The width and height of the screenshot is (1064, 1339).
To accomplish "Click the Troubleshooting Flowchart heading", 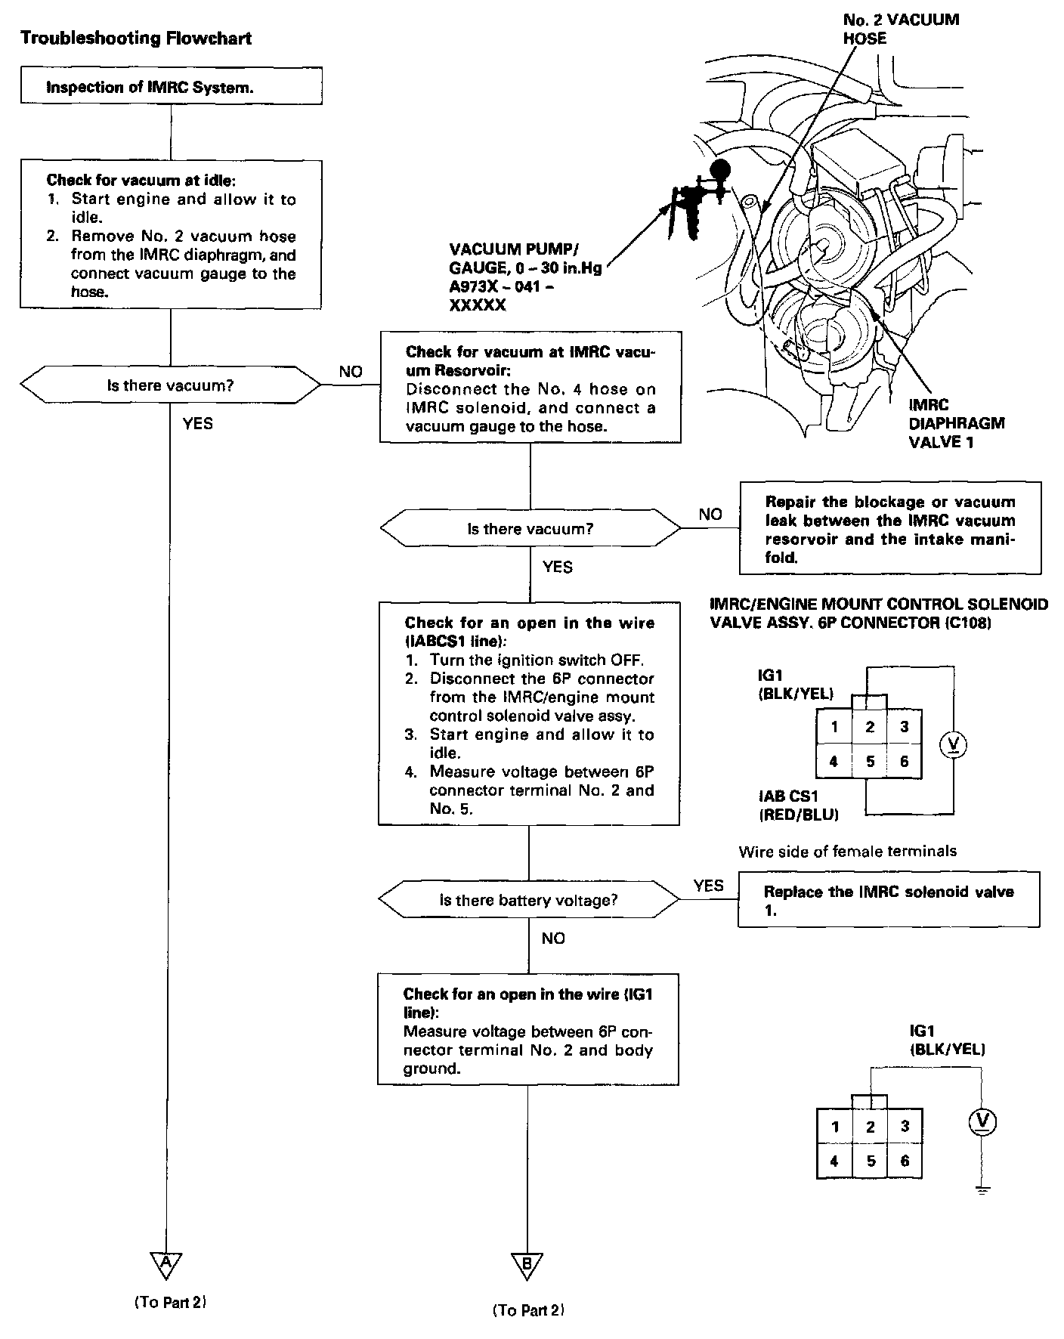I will (136, 39).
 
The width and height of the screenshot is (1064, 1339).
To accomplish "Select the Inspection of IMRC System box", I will (171, 87).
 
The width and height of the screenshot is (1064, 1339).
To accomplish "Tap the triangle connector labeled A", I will (166, 1261).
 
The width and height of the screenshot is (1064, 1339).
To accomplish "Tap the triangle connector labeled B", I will (527, 1264).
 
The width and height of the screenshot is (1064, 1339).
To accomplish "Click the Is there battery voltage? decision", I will (528, 900).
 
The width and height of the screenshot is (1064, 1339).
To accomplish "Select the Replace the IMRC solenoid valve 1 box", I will (888, 900).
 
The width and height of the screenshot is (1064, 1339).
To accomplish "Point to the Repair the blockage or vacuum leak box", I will (889, 529).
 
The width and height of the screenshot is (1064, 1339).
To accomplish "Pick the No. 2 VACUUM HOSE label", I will (900, 29).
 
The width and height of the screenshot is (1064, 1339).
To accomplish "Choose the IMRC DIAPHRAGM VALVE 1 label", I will (956, 423).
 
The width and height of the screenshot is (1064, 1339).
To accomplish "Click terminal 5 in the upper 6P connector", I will (870, 762).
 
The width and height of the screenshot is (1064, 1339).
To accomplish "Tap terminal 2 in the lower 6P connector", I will (870, 1127).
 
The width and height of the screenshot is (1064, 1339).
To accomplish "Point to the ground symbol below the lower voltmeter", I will (982, 1190).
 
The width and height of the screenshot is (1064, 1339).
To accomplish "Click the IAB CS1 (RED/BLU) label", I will (798, 805).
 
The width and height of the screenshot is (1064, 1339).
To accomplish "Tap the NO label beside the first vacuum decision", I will (351, 372).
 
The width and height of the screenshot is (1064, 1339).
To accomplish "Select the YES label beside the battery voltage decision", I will (708, 886).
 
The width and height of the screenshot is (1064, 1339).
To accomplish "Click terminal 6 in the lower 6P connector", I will (905, 1161).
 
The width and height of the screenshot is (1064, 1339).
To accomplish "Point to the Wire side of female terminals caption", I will (847, 852).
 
